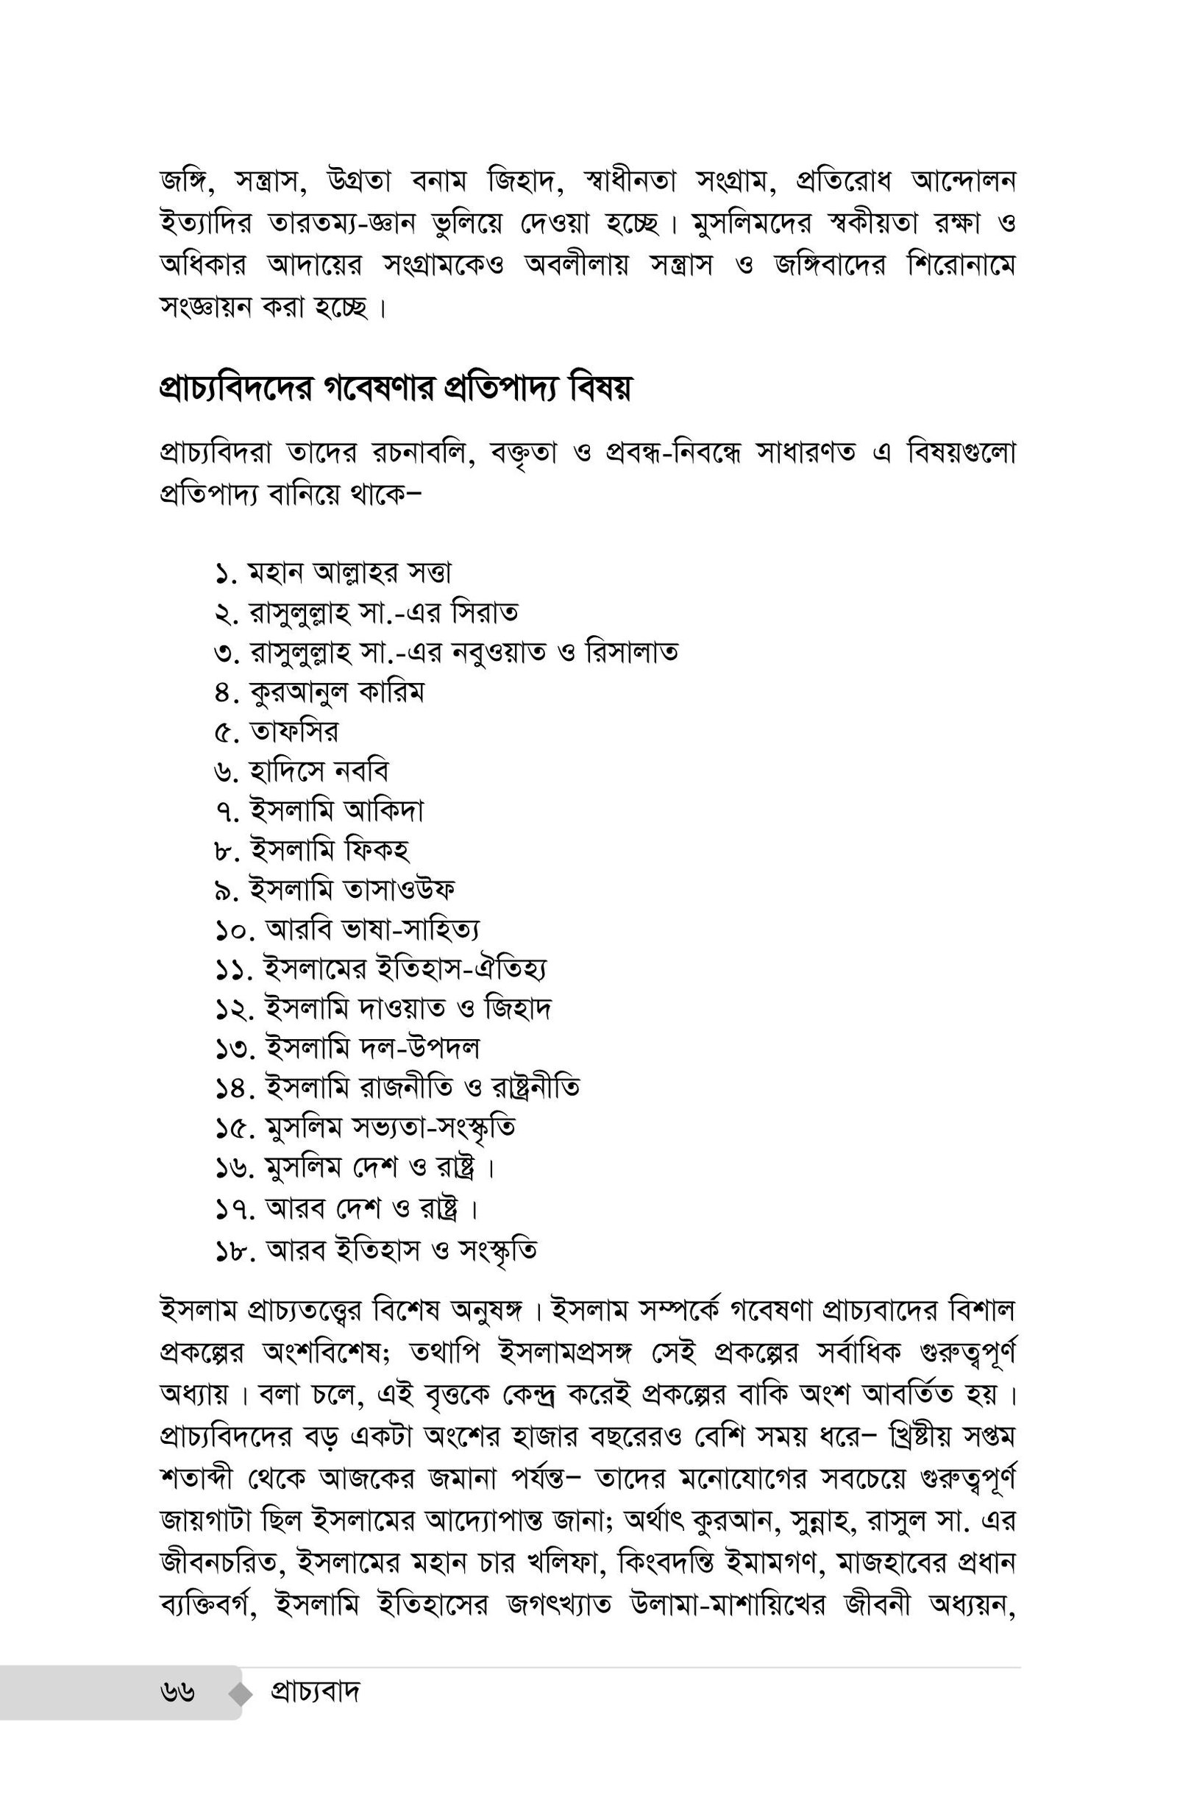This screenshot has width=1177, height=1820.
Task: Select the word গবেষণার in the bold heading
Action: coord(380,390)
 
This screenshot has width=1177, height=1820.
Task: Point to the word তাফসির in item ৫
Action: coord(294,732)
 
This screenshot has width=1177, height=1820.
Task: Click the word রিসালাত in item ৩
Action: coord(631,652)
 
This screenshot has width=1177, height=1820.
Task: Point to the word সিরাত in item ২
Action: coord(485,612)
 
